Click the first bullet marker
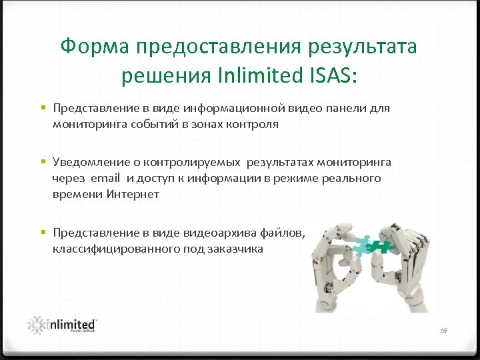[x=42, y=108]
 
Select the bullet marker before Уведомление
[x=42, y=163]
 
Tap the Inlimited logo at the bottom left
[x=63, y=325]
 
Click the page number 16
[x=443, y=331]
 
